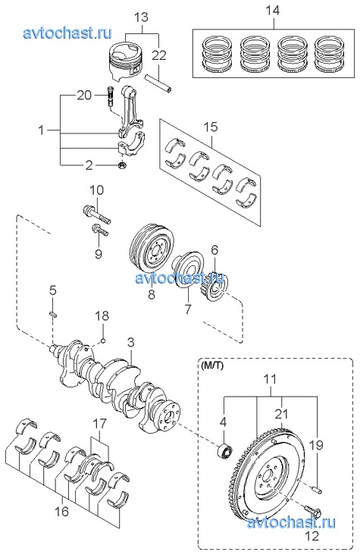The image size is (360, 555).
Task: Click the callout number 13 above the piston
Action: [x=141, y=17]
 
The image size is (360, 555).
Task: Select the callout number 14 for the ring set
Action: [x=273, y=10]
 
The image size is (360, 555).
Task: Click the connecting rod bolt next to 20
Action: [x=109, y=96]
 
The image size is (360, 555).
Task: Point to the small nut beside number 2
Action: [x=121, y=165]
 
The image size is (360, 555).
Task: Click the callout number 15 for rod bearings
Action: [x=211, y=127]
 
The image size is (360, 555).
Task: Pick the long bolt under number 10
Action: [x=95, y=214]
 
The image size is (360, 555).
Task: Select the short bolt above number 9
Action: [x=100, y=230]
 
